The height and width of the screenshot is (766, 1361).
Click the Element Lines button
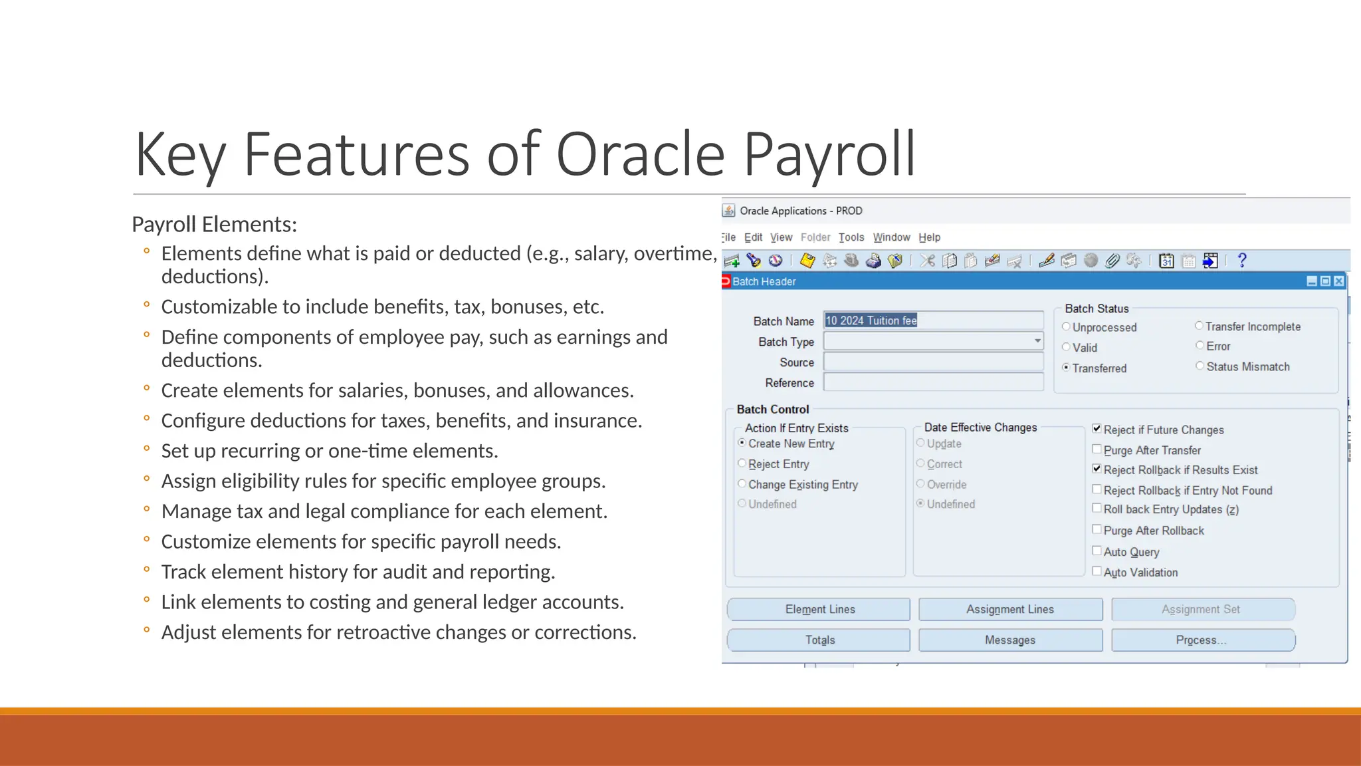tap(819, 609)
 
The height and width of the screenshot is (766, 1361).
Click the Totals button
tap(819, 640)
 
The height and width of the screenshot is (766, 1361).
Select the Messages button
tap(1010, 640)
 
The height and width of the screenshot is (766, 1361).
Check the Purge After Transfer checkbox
tap(1097, 449)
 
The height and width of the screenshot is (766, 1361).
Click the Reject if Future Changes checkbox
tap(1097, 429)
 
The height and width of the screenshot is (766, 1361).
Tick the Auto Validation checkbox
tap(1097, 571)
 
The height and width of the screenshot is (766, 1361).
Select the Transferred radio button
tap(1066, 367)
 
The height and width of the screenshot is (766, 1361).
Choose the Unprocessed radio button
tap(1066, 326)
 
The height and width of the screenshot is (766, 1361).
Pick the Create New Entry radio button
tap(742, 443)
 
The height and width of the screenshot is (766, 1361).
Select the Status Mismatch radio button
tap(1200, 366)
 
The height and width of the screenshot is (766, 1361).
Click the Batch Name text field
tap(933, 320)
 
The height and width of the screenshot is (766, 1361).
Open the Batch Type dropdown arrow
tap(1037, 341)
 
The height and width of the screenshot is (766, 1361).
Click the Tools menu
tap(851, 237)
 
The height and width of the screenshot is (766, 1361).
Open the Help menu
tap(929, 237)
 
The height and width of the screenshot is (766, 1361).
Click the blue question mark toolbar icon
tap(1241, 261)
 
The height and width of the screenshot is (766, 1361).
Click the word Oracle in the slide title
tap(639, 154)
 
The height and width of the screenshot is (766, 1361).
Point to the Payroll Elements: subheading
tap(214, 225)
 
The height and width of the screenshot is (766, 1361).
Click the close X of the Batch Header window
tap(1339, 281)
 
